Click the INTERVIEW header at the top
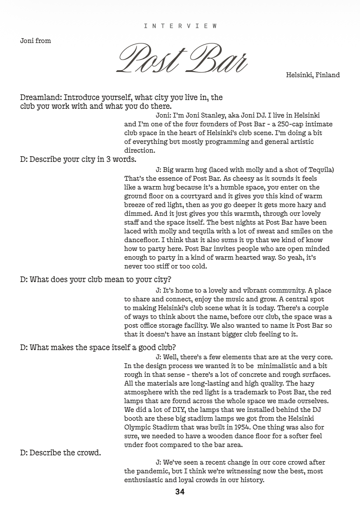(x=180, y=26)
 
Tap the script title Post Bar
(x=183, y=59)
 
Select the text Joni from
(x=36, y=41)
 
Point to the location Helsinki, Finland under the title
(x=313, y=75)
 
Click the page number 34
(x=180, y=492)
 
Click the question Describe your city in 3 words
(x=78, y=159)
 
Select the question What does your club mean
(x=95, y=279)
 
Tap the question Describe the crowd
(x=61, y=453)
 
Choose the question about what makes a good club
(x=98, y=348)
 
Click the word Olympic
(x=137, y=427)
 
